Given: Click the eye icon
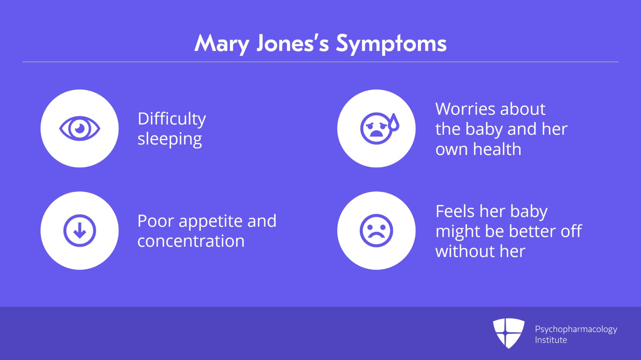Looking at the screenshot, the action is pyautogui.click(x=80, y=129).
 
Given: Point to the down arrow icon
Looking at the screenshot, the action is pyautogui.click(x=80, y=231).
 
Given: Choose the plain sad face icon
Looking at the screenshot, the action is pyautogui.click(x=376, y=231).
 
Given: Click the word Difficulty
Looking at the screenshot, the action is pyautogui.click(x=172, y=119).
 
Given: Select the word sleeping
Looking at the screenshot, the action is pyautogui.click(x=170, y=139).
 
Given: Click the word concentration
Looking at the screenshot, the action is pyautogui.click(x=191, y=241).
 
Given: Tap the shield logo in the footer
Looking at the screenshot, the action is pyautogui.click(x=508, y=333).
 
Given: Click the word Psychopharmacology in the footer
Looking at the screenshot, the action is pyautogui.click(x=576, y=330).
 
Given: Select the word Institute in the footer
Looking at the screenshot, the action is pyautogui.click(x=551, y=340).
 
